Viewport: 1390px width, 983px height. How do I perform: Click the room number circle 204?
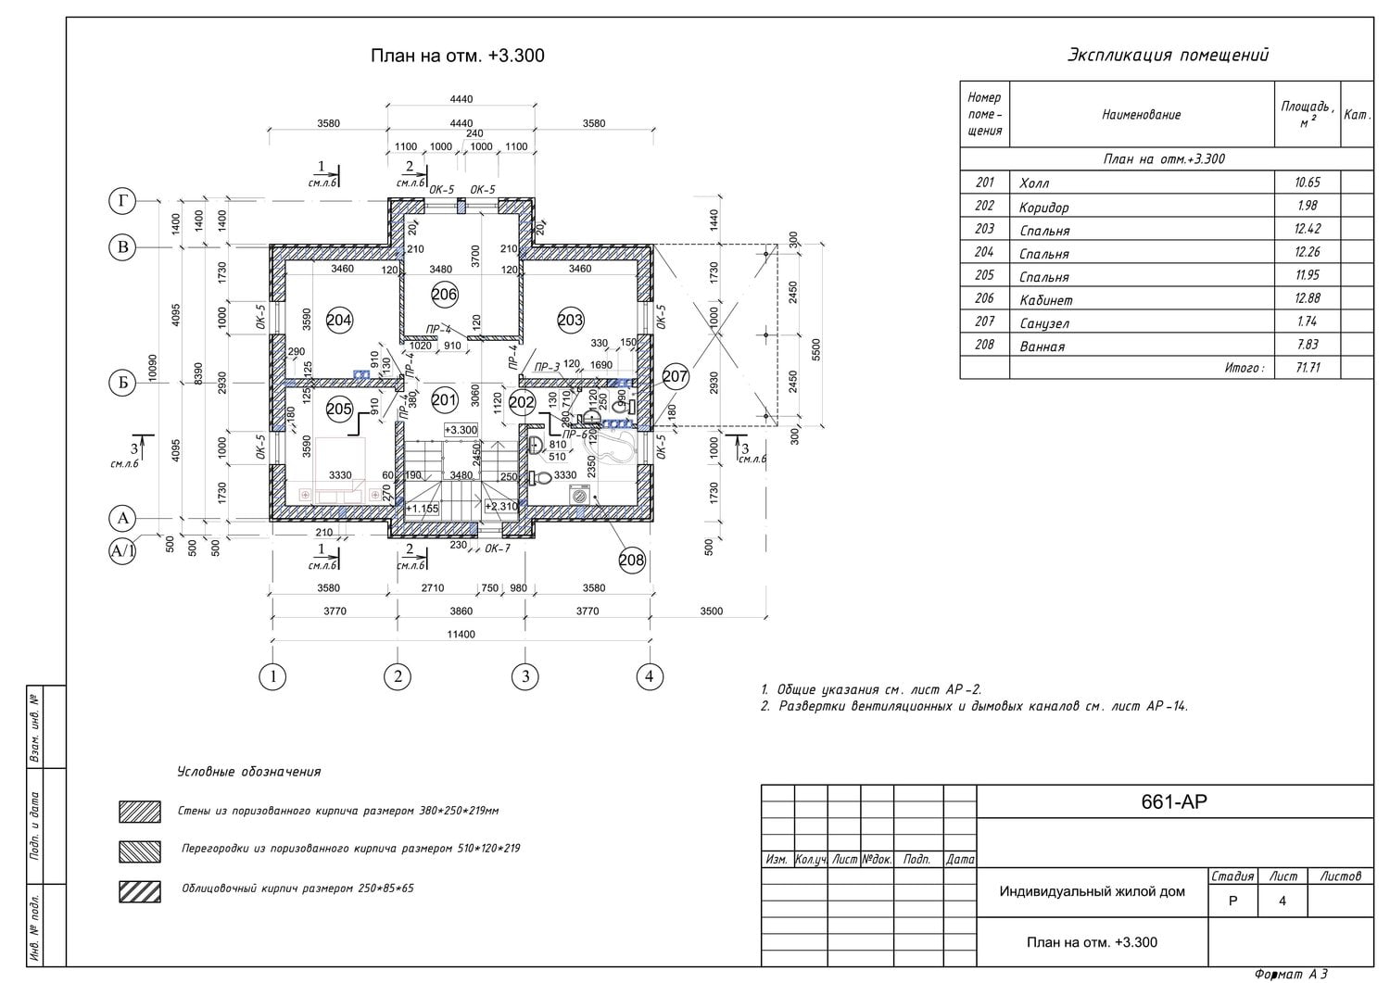(339, 321)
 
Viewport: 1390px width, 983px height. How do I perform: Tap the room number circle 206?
(445, 295)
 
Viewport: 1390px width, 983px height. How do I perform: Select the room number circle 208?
(631, 560)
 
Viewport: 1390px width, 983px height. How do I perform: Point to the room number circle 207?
(676, 376)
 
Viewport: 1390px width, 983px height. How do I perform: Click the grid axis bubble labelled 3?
(524, 676)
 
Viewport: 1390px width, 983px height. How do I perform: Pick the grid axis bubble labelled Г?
(122, 201)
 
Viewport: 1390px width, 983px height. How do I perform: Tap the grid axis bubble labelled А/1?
(122, 552)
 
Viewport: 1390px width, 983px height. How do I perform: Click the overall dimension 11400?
(461, 635)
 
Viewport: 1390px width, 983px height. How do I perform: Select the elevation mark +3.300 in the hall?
(461, 430)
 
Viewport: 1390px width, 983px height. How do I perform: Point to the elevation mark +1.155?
(423, 509)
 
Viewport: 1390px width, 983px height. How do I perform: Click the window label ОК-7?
(497, 548)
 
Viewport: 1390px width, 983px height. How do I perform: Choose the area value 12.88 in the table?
(1308, 298)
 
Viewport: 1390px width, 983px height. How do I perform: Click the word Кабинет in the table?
(1045, 300)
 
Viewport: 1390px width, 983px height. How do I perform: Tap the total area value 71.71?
(1308, 368)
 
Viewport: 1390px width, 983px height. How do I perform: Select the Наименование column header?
(1141, 115)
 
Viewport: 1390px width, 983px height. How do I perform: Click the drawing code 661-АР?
(1174, 802)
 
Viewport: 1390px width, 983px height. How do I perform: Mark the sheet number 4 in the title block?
(1283, 901)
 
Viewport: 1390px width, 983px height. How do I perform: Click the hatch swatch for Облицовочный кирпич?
(140, 891)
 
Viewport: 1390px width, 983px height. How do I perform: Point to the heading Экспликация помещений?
(1168, 56)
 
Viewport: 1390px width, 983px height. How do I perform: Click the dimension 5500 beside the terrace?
(815, 349)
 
